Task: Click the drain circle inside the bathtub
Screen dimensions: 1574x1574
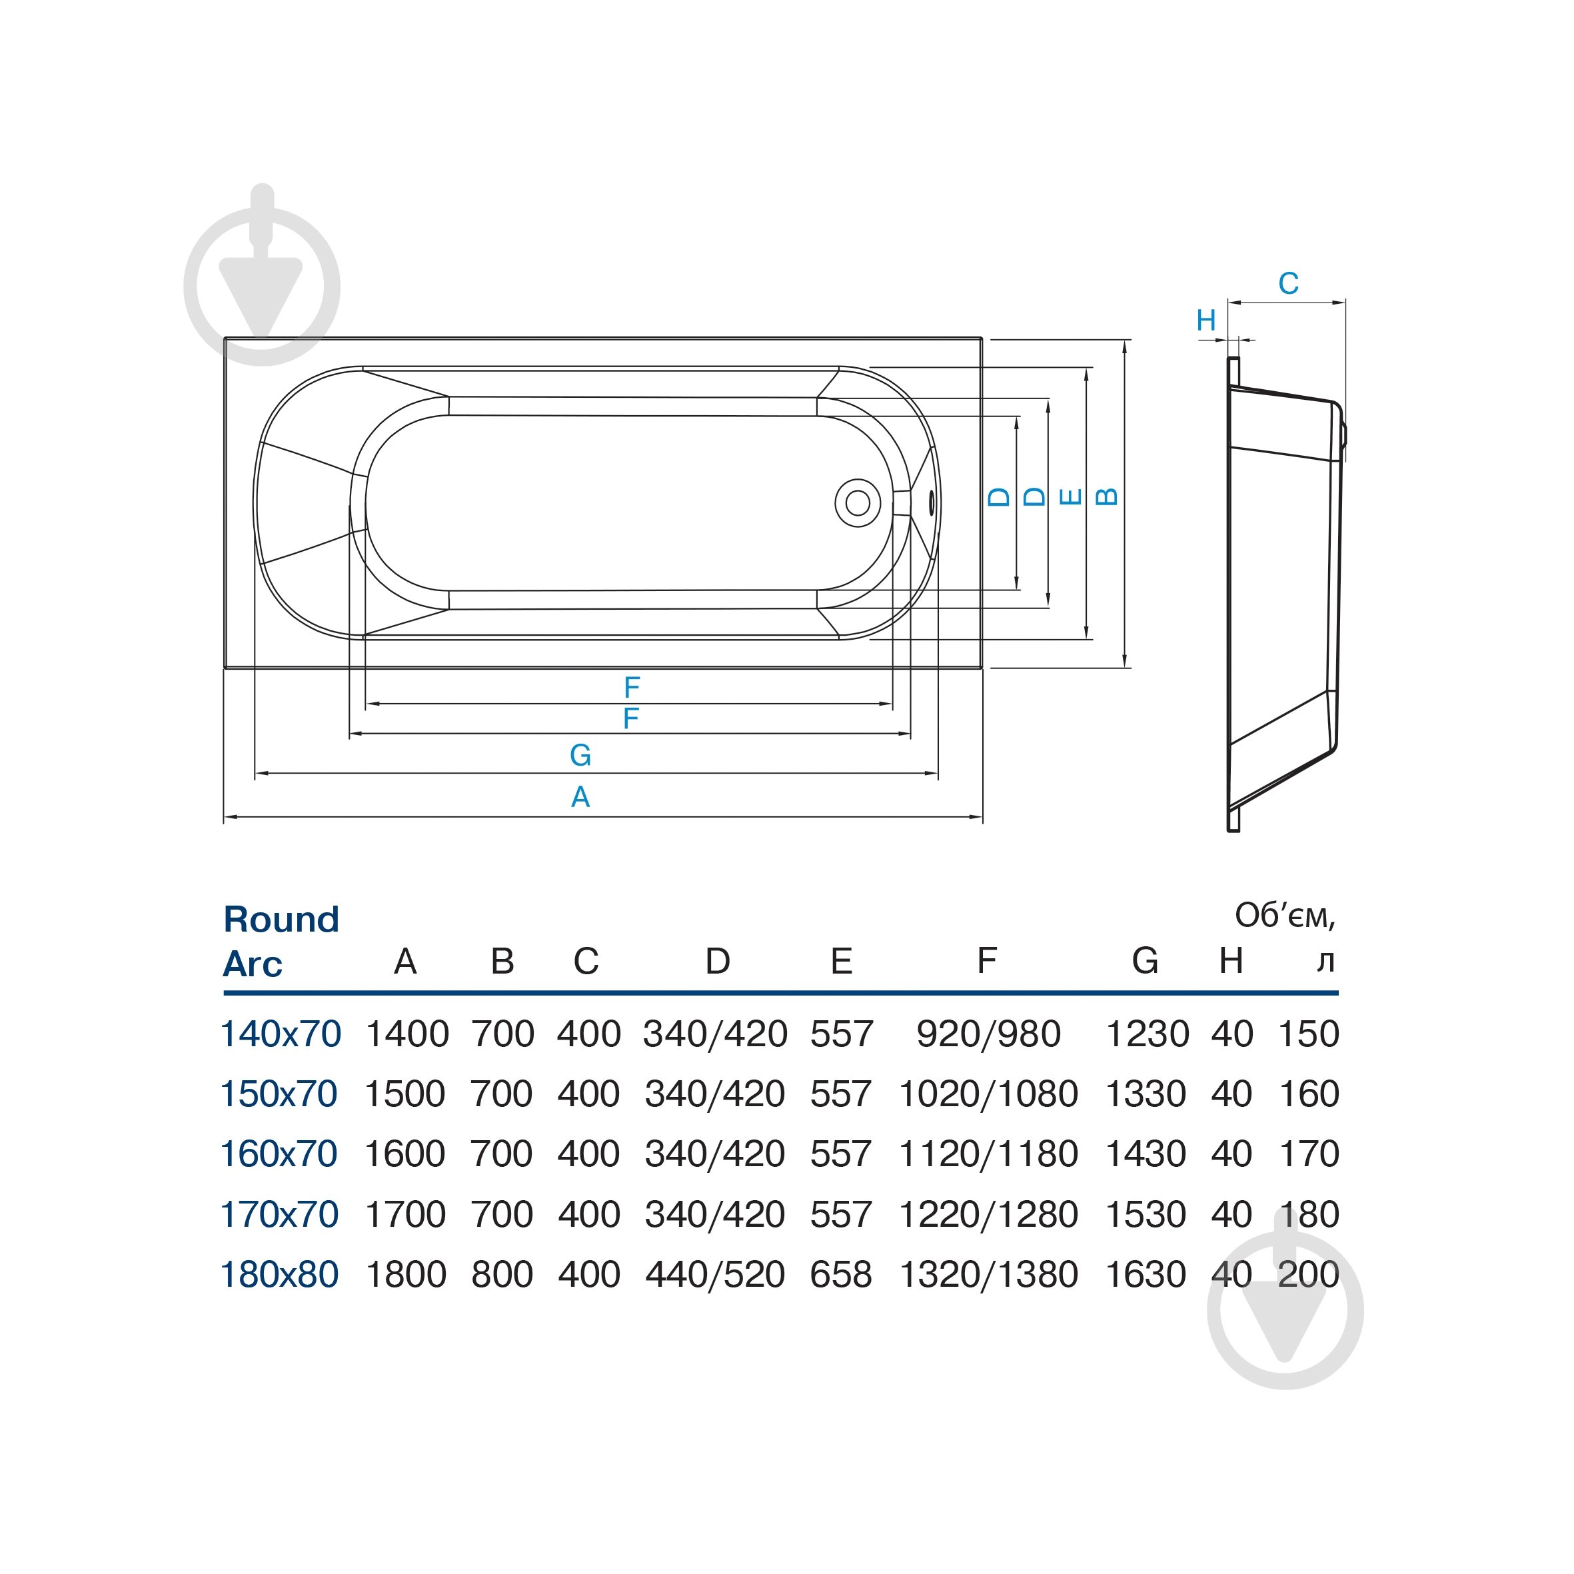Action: click(857, 502)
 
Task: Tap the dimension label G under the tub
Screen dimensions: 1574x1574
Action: click(580, 755)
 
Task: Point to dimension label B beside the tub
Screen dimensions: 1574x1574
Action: click(1106, 496)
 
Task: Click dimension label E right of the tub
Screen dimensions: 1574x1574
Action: click(1070, 496)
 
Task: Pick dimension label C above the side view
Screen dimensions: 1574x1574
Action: click(1288, 283)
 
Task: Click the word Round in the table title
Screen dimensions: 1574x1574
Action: click(281, 919)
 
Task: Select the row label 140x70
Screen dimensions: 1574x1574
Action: click(281, 1034)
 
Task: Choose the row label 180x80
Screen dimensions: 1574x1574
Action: click(279, 1274)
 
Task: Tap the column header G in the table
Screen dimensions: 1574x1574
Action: click(1145, 962)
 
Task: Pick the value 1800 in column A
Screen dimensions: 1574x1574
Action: click(406, 1274)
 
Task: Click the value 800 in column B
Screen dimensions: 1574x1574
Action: click(502, 1274)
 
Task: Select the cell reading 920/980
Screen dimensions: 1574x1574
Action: click(988, 1034)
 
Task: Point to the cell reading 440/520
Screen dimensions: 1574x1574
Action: click(714, 1274)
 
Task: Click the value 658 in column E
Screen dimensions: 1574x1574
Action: click(841, 1274)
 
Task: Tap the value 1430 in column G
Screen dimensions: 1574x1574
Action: click(1145, 1154)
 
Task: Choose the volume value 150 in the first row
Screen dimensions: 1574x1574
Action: click(1308, 1034)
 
